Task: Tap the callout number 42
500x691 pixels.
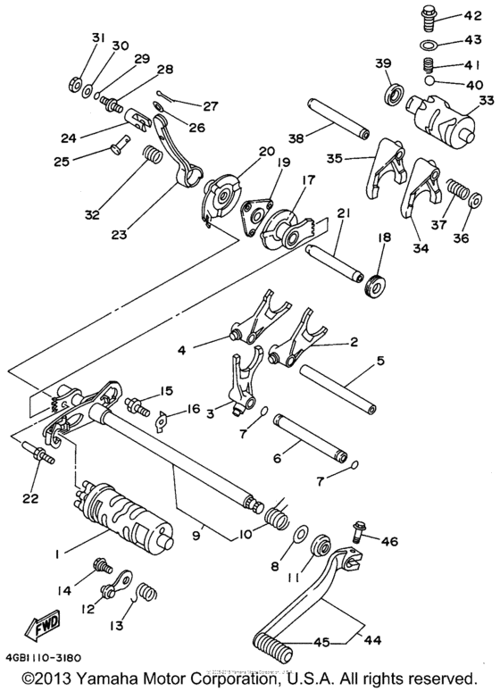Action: pyautogui.click(x=471, y=15)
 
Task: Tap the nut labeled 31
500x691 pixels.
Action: pyautogui.click(x=72, y=86)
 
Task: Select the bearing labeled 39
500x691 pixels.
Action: pyautogui.click(x=392, y=94)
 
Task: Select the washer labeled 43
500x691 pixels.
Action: pyautogui.click(x=429, y=44)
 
